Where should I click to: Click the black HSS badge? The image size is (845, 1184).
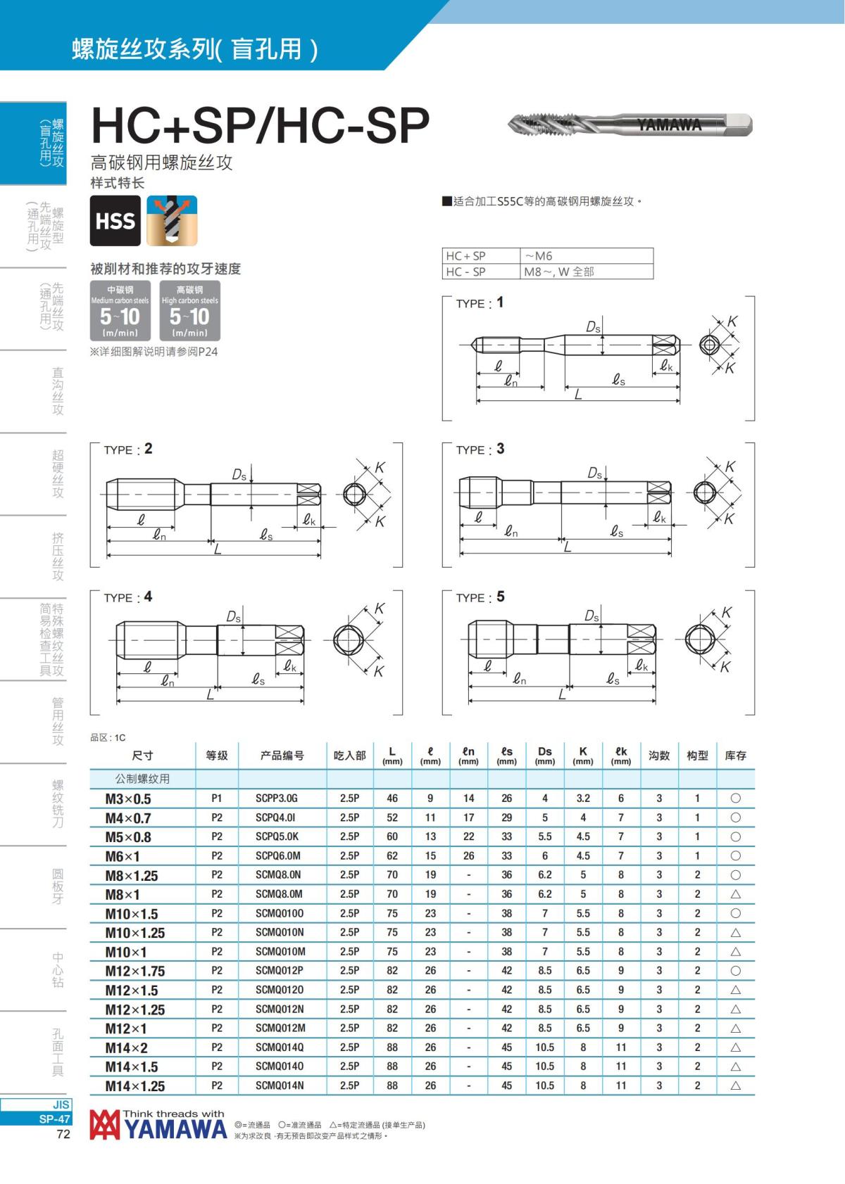click(x=115, y=220)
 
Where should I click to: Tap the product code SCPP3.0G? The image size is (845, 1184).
click(x=276, y=798)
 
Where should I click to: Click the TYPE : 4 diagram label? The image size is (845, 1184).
click(x=128, y=597)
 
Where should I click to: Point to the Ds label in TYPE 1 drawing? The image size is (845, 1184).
click(x=593, y=327)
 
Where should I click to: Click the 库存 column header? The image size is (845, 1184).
click(x=735, y=756)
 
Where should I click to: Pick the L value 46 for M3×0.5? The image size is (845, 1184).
click(x=392, y=798)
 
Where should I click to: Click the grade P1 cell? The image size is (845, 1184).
click(x=216, y=798)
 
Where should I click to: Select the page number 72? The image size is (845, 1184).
click(x=63, y=1134)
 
